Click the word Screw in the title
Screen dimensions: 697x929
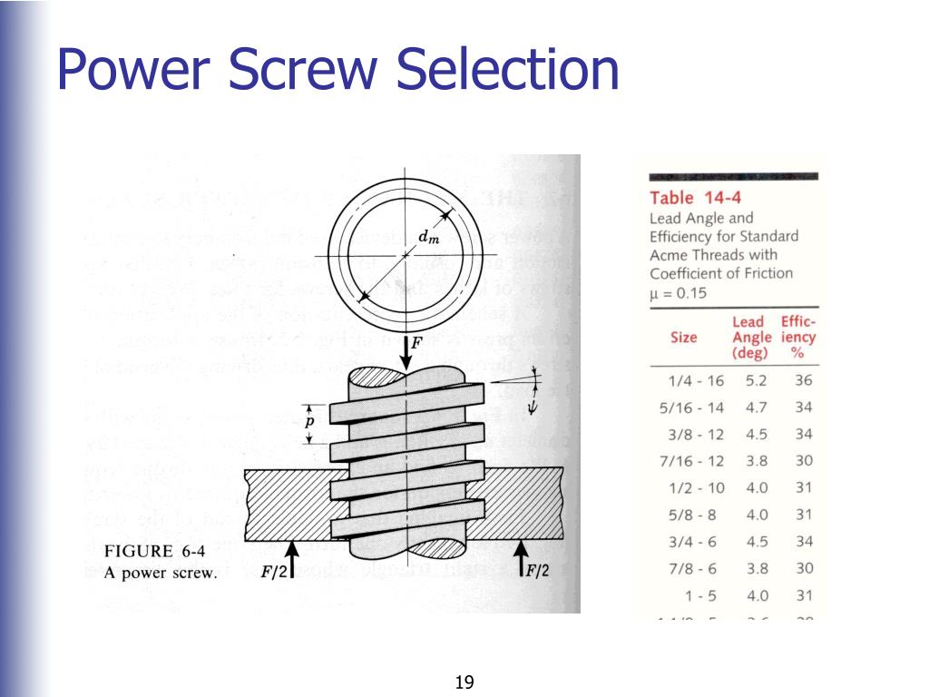coord(315,70)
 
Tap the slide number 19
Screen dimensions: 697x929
coord(464,682)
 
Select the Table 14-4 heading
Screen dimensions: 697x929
coord(684,198)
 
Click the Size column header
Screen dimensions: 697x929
coord(684,338)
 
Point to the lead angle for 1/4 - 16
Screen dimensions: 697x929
coord(757,381)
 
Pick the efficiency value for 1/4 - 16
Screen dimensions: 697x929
coord(804,381)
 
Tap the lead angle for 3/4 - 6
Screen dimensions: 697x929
coord(757,542)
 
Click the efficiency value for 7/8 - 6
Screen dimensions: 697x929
coord(804,568)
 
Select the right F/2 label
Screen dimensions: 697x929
coord(538,571)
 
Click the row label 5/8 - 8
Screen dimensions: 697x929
coord(693,515)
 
